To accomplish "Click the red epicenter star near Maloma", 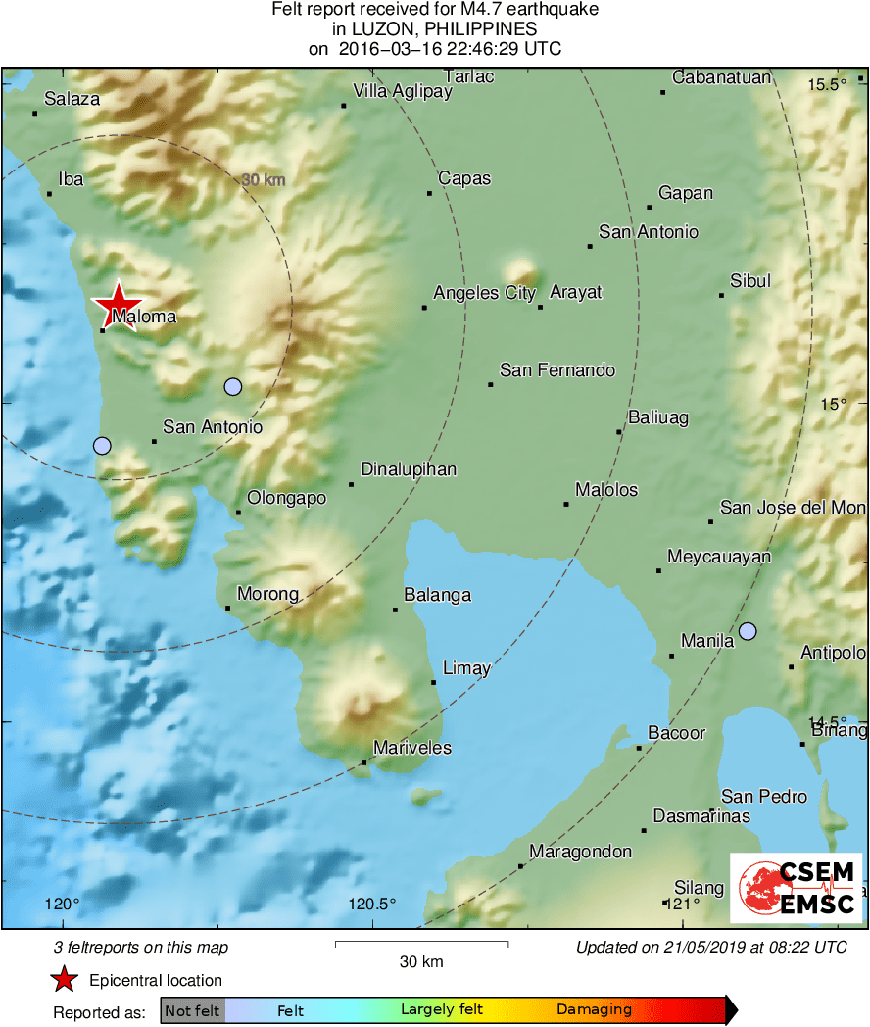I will [118, 304].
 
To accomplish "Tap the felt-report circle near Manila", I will [748, 631].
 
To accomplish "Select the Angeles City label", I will [484, 293].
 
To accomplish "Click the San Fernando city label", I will [556, 370].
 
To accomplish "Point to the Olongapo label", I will [286, 498].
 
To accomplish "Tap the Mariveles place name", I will [412, 748].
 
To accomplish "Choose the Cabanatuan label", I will [722, 78].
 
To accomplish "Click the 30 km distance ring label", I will [263, 180].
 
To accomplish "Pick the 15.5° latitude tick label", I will [827, 84].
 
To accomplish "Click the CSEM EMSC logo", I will [796, 888].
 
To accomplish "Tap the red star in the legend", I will [65, 979].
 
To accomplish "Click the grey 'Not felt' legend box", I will [192, 1009].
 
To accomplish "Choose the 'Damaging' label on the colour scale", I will [594, 1009].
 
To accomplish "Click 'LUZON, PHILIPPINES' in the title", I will [435, 29].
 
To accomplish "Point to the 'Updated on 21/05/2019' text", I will [711, 948].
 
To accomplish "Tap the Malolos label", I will [606, 490].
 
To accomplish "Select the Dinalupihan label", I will [409, 469].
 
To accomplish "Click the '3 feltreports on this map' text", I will [141, 948].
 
